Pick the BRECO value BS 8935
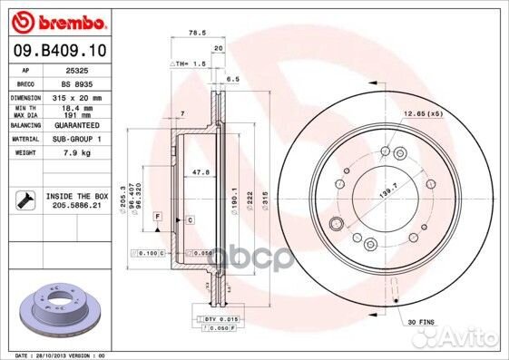coord(77,82)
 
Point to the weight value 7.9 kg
coord(77,153)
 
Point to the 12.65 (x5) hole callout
coord(423,114)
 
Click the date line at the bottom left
coord(54,355)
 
